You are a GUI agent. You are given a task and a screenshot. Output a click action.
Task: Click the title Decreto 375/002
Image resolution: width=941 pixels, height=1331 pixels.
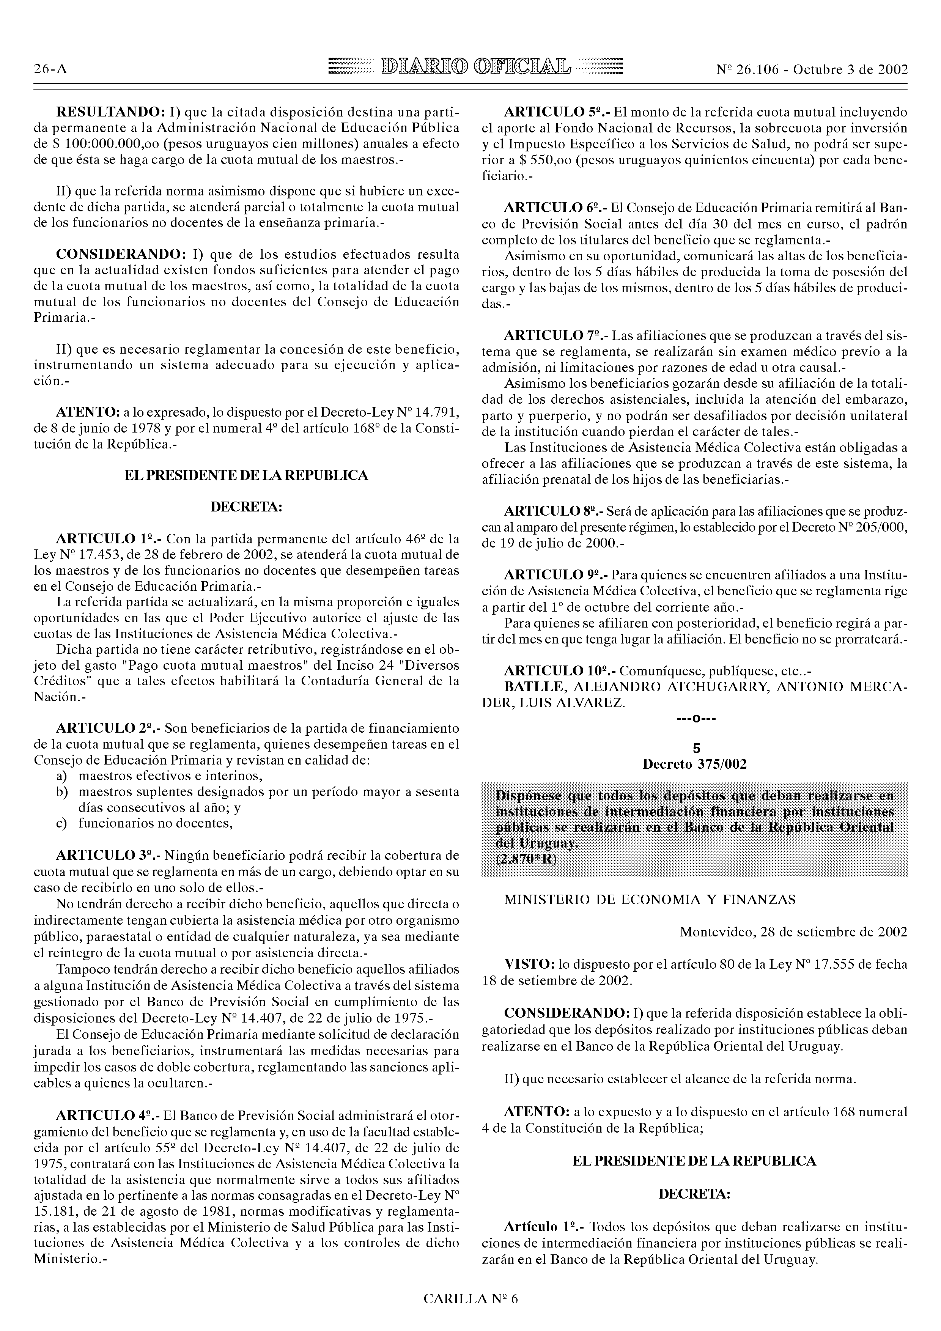click(695, 765)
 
